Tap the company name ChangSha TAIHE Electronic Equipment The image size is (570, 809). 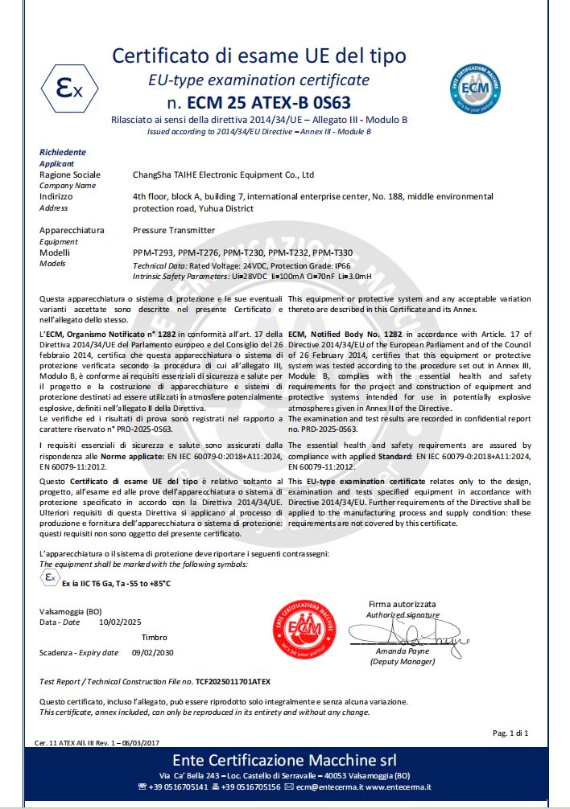223,175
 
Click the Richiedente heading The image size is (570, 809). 63,152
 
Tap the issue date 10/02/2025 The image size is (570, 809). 120,622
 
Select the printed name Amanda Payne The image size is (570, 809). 402,651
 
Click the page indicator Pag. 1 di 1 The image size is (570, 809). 510,733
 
